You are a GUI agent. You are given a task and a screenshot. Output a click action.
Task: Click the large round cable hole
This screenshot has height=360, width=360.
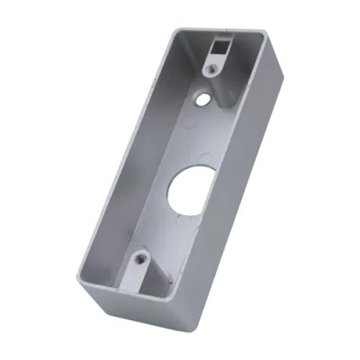click(184, 191)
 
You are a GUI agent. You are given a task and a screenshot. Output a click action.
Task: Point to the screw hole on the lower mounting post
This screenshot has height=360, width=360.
click(140, 260)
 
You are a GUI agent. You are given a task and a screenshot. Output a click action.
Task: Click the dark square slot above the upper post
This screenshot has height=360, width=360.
click(218, 45)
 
